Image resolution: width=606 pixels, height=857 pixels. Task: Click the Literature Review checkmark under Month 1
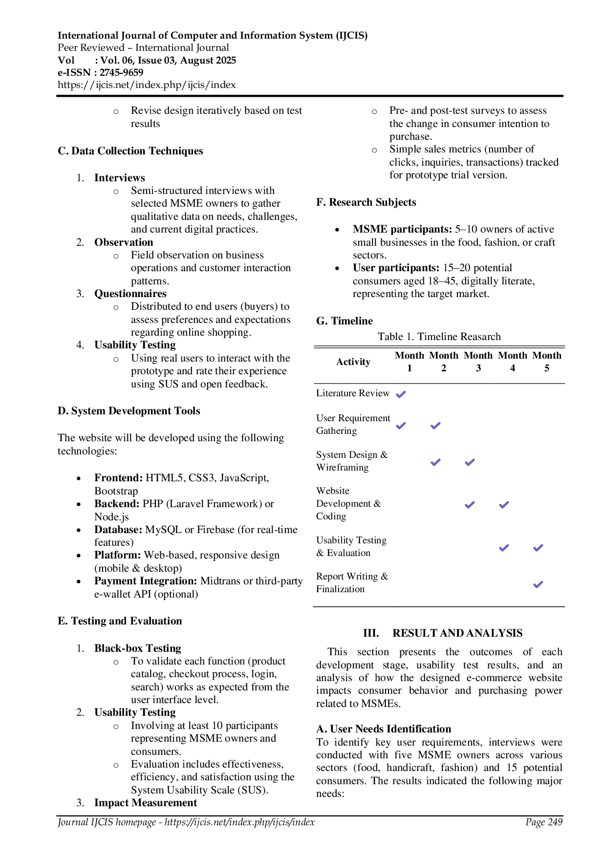[401, 394]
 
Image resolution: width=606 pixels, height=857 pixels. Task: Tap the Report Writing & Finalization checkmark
[538, 584]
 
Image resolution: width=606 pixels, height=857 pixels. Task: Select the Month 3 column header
[478, 362]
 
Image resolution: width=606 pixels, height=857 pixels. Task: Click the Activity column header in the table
[353, 362]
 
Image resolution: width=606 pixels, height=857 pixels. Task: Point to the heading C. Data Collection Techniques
[130, 151]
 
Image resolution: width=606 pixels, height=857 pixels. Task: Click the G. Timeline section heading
[345, 321]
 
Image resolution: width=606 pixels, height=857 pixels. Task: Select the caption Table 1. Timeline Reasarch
[439, 337]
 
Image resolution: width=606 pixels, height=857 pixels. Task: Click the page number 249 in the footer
[555, 822]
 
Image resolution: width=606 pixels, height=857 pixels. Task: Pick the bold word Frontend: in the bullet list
[118, 478]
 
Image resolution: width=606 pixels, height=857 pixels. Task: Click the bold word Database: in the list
[118, 530]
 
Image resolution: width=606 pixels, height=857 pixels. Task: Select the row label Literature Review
[353, 393]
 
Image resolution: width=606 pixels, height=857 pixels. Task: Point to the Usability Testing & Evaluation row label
[351, 546]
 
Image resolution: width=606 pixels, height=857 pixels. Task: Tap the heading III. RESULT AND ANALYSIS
[443, 633]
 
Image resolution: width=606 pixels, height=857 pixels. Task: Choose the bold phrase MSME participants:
[403, 229]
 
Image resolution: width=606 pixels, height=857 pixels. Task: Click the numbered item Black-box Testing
[138, 648]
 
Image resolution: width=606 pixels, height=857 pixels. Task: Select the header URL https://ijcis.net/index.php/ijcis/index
[147, 85]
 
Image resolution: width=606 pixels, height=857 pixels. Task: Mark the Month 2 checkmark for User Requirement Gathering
[435, 425]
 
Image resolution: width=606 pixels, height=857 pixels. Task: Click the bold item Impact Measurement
[146, 803]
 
